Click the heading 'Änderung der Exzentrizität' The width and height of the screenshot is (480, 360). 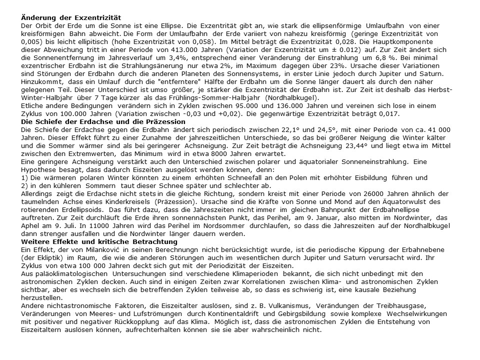click(71, 18)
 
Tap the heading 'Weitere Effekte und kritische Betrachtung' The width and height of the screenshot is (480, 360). click(99, 242)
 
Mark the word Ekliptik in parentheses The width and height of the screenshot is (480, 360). click(49, 257)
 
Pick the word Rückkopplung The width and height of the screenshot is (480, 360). click(121, 322)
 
